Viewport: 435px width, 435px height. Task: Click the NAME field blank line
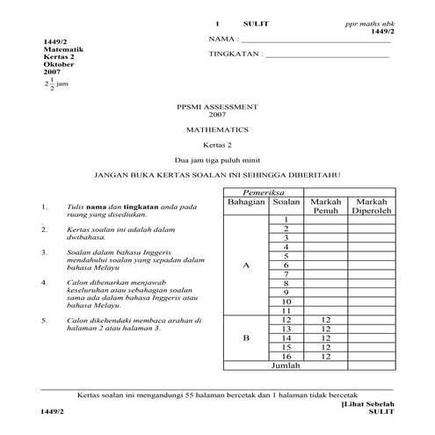pos(316,41)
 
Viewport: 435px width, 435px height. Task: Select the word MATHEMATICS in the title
pos(216,129)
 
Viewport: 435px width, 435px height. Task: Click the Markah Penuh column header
pos(325,207)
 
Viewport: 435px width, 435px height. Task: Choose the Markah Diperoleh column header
pos(374,207)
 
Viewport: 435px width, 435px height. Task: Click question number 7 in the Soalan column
pos(286,274)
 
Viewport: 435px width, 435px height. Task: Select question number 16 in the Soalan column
pos(286,357)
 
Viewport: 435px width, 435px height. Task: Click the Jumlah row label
pos(286,366)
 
